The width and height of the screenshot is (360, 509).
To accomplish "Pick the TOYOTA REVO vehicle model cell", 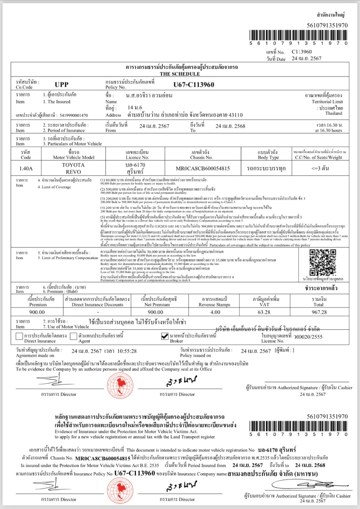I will tap(74, 168).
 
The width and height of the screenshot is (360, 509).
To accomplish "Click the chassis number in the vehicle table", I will tap(203, 168).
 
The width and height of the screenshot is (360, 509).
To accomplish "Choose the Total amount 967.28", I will tap(319, 312).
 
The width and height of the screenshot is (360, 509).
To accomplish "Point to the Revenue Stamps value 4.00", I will tap(215, 312).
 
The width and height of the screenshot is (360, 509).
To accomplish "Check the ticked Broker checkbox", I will tap(165, 336).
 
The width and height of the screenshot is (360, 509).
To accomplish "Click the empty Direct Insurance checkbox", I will tap(19, 336).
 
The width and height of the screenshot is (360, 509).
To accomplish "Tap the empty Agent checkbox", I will tap(74, 336).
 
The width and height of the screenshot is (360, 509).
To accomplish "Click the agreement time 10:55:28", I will tap(125, 351).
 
